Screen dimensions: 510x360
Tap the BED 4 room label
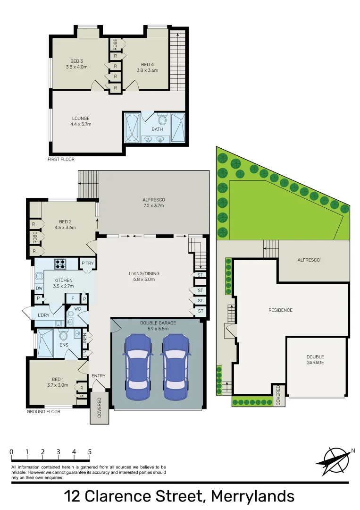[x=147, y=65]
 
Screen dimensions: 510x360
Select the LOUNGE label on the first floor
[x=81, y=119]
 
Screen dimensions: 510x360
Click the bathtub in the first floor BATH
[x=132, y=127]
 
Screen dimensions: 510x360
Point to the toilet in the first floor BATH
[x=162, y=119]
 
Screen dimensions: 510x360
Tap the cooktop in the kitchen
[x=61, y=263]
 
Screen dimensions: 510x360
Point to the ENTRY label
[x=99, y=376]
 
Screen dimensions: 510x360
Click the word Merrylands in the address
[x=252, y=496]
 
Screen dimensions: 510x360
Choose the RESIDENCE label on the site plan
[x=280, y=310]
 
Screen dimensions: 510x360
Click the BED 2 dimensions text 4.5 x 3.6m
[x=65, y=228]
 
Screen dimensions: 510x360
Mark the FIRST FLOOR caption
[x=61, y=160]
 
